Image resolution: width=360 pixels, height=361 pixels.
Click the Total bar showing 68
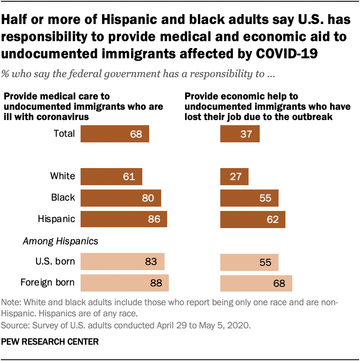point(114,134)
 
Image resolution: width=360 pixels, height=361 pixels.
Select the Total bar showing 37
point(240,134)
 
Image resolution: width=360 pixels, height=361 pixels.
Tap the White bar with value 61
point(111,176)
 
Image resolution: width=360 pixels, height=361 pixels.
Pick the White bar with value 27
point(234,176)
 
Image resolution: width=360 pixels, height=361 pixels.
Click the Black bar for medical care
point(120,198)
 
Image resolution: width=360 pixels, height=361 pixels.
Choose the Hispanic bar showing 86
point(123,220)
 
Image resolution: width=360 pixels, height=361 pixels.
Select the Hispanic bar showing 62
point(252,220)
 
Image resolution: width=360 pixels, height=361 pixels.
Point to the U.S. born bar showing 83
point(122,262)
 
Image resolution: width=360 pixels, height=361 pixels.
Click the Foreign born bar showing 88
point(124,283)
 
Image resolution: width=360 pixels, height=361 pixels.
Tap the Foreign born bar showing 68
point(256,283)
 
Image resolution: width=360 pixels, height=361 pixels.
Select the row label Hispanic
point(57,219)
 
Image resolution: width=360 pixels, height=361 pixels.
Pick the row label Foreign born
point(48,283)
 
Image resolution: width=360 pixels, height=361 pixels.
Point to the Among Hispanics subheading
point(60,241)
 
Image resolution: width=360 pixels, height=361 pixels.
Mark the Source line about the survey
point(126,325)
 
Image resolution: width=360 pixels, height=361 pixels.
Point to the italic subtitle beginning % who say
point(138,74)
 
